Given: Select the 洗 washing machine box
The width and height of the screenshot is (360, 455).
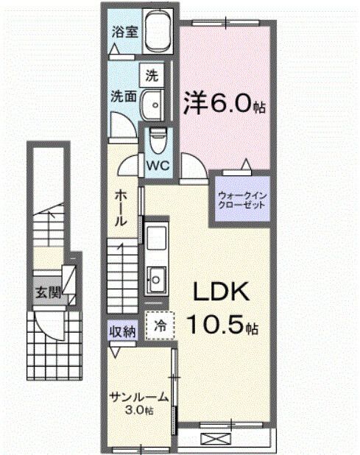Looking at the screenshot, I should point(152,74).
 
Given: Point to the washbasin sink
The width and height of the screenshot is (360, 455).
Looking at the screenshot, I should point(153,104).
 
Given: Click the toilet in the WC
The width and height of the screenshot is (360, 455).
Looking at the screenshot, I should point(156,138).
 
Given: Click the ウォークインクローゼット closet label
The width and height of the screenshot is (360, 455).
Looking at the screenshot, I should point(241,200).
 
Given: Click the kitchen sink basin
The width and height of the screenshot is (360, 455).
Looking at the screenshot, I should point(156,279).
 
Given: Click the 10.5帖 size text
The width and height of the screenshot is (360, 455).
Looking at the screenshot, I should point(224,325).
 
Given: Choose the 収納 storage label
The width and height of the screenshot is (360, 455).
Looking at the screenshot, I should point(123,331).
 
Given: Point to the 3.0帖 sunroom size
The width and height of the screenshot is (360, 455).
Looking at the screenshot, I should point(139,410).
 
